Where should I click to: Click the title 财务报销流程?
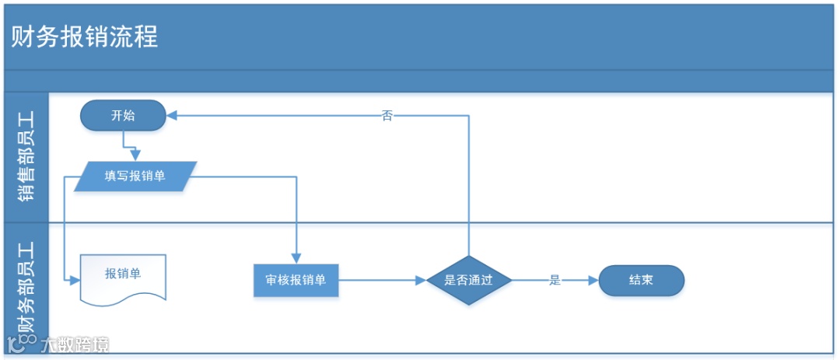[85, 37]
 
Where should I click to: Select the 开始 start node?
[123, 116]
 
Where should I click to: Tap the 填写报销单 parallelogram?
[135, 177]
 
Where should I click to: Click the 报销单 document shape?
[123, 276]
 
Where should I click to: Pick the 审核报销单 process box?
[296, 281]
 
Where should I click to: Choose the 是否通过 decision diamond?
[468, 281]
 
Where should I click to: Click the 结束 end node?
[641, 281]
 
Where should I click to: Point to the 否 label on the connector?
[387, 117]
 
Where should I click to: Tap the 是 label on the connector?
[555, 281]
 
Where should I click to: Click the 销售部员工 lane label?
[26, 157]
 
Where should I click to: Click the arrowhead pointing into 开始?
[172, 116]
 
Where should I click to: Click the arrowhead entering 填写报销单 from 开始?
[135, 156]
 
